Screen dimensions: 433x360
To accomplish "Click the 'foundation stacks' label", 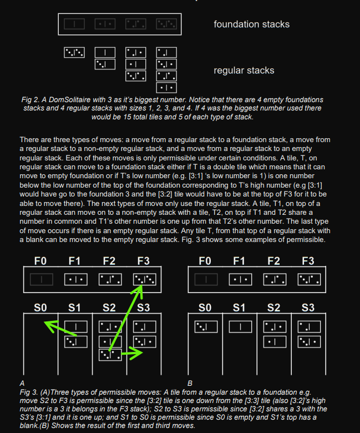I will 251,24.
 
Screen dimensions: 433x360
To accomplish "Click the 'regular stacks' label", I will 244,71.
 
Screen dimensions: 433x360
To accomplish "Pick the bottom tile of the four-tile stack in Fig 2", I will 166,87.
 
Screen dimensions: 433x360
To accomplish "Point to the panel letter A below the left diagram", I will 22,382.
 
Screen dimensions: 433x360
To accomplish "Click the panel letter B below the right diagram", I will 190,382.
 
